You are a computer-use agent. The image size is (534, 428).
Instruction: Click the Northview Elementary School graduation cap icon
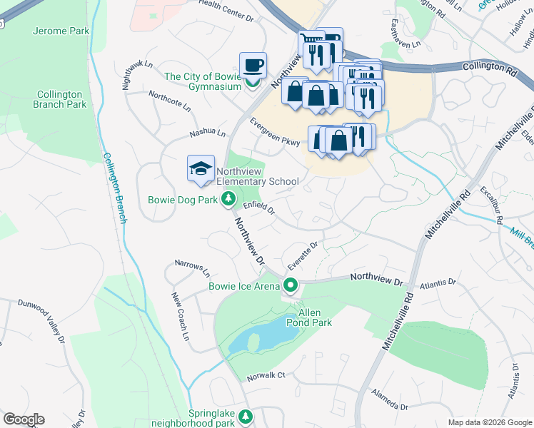(x=201, y=169)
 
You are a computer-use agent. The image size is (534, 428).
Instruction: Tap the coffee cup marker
(x=253, y=66)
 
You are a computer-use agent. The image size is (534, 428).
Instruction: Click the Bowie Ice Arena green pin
(x=290, y=287)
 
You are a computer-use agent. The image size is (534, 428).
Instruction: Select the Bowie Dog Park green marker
(x=228, y=199)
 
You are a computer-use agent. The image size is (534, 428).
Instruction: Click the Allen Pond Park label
(x=305, y=317)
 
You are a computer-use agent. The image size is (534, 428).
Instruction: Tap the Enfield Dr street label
(x=258, y=208)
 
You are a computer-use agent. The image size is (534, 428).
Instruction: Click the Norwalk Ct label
(x=266, y=375)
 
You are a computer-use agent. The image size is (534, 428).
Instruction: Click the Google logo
(x=24, y=419)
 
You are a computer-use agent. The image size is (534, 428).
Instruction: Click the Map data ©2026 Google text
(x=489, y=422)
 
